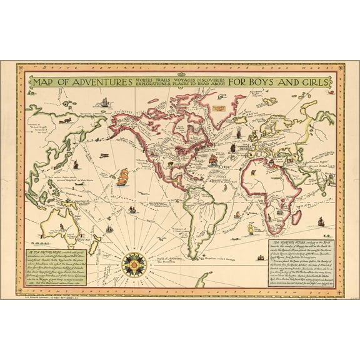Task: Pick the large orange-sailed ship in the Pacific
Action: pyautogui.click(x=122, y=176)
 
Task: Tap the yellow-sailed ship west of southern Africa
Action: pyautogui.click(x=252, y=229)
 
